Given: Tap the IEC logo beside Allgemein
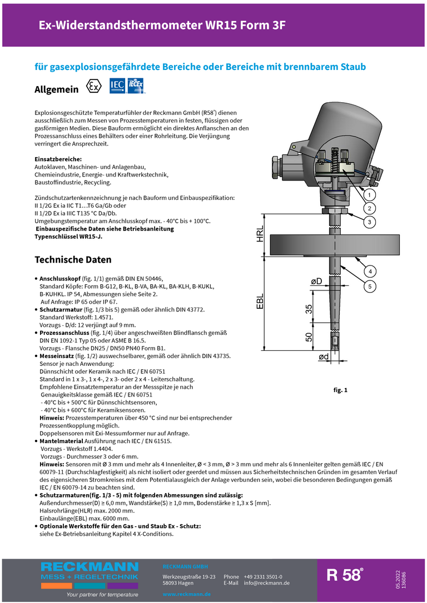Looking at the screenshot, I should point(117,86).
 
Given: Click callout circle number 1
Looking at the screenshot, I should point(369,195).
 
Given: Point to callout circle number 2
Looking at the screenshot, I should point(369,208).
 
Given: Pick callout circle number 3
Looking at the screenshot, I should point(369,222).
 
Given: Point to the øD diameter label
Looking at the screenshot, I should point(316,283).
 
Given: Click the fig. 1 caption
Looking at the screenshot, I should point(340,390).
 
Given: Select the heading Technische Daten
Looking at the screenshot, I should point(73,260).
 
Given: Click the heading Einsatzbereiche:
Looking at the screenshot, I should point(58,159).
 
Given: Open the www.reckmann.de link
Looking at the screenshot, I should point(186,594).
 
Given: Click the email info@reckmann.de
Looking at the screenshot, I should point(267,583).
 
